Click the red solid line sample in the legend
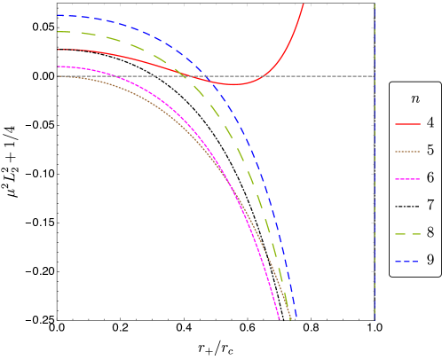(407, 125)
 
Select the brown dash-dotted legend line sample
(407, 152)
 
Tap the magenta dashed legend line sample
(407, 179)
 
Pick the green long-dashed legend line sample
(407, 234)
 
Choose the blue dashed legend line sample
(407, 262)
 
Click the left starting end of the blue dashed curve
(59, 15)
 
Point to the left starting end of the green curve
(59, 32)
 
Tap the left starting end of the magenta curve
(59, 67)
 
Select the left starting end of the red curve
(59, 50)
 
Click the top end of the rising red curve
(304, 4)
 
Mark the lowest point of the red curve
(233, 84)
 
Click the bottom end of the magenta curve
(280, 319)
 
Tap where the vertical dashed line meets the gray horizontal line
(375, 76)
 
